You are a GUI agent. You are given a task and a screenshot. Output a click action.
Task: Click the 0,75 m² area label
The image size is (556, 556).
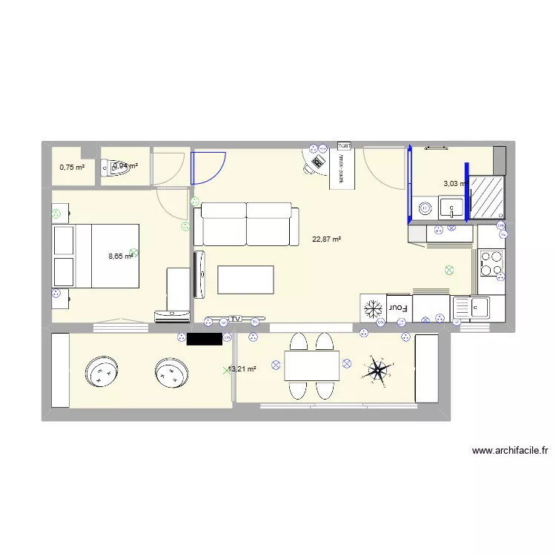click(x=72, y=168)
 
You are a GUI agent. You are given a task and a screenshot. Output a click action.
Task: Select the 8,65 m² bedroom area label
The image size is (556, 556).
click(x=120, y=257)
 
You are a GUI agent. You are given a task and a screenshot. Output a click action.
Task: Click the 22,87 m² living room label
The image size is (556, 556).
click(x=326, y=239)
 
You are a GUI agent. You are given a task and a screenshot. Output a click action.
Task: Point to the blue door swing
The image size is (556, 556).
click(x=208, y=167)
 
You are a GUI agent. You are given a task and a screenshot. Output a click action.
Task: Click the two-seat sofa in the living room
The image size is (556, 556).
click(x=246, y=225)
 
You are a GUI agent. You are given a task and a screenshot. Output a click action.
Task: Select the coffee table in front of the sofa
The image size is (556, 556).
click(x=245, y=279)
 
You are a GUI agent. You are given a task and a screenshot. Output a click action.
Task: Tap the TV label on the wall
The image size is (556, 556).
click(x=236, y=319)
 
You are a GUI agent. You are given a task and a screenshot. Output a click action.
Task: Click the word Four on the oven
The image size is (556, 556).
click(x=400, y=307)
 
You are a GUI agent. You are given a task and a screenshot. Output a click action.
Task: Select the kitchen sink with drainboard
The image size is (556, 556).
click(x=470, y=306)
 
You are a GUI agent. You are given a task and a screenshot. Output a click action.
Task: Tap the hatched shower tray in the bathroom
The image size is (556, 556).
click(x=487, y=196)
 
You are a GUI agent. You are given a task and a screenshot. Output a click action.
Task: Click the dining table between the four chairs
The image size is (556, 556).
click(x=311, y=365)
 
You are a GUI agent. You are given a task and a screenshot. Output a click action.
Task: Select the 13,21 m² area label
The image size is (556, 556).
click(x=242, y=369)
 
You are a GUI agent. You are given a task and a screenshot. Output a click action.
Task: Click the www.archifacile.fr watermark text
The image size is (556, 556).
click(x=509, y=450)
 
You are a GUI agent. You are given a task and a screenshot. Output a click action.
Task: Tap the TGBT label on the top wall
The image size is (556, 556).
click(x=345, y=145)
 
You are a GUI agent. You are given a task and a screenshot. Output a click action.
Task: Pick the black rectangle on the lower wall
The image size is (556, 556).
click(x=205, y=339)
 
